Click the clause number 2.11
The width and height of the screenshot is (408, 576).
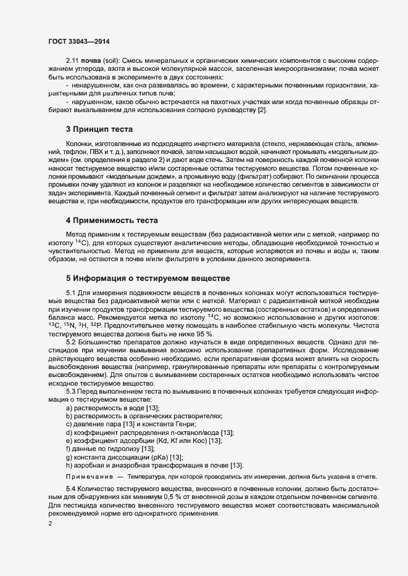coord(73,62)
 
